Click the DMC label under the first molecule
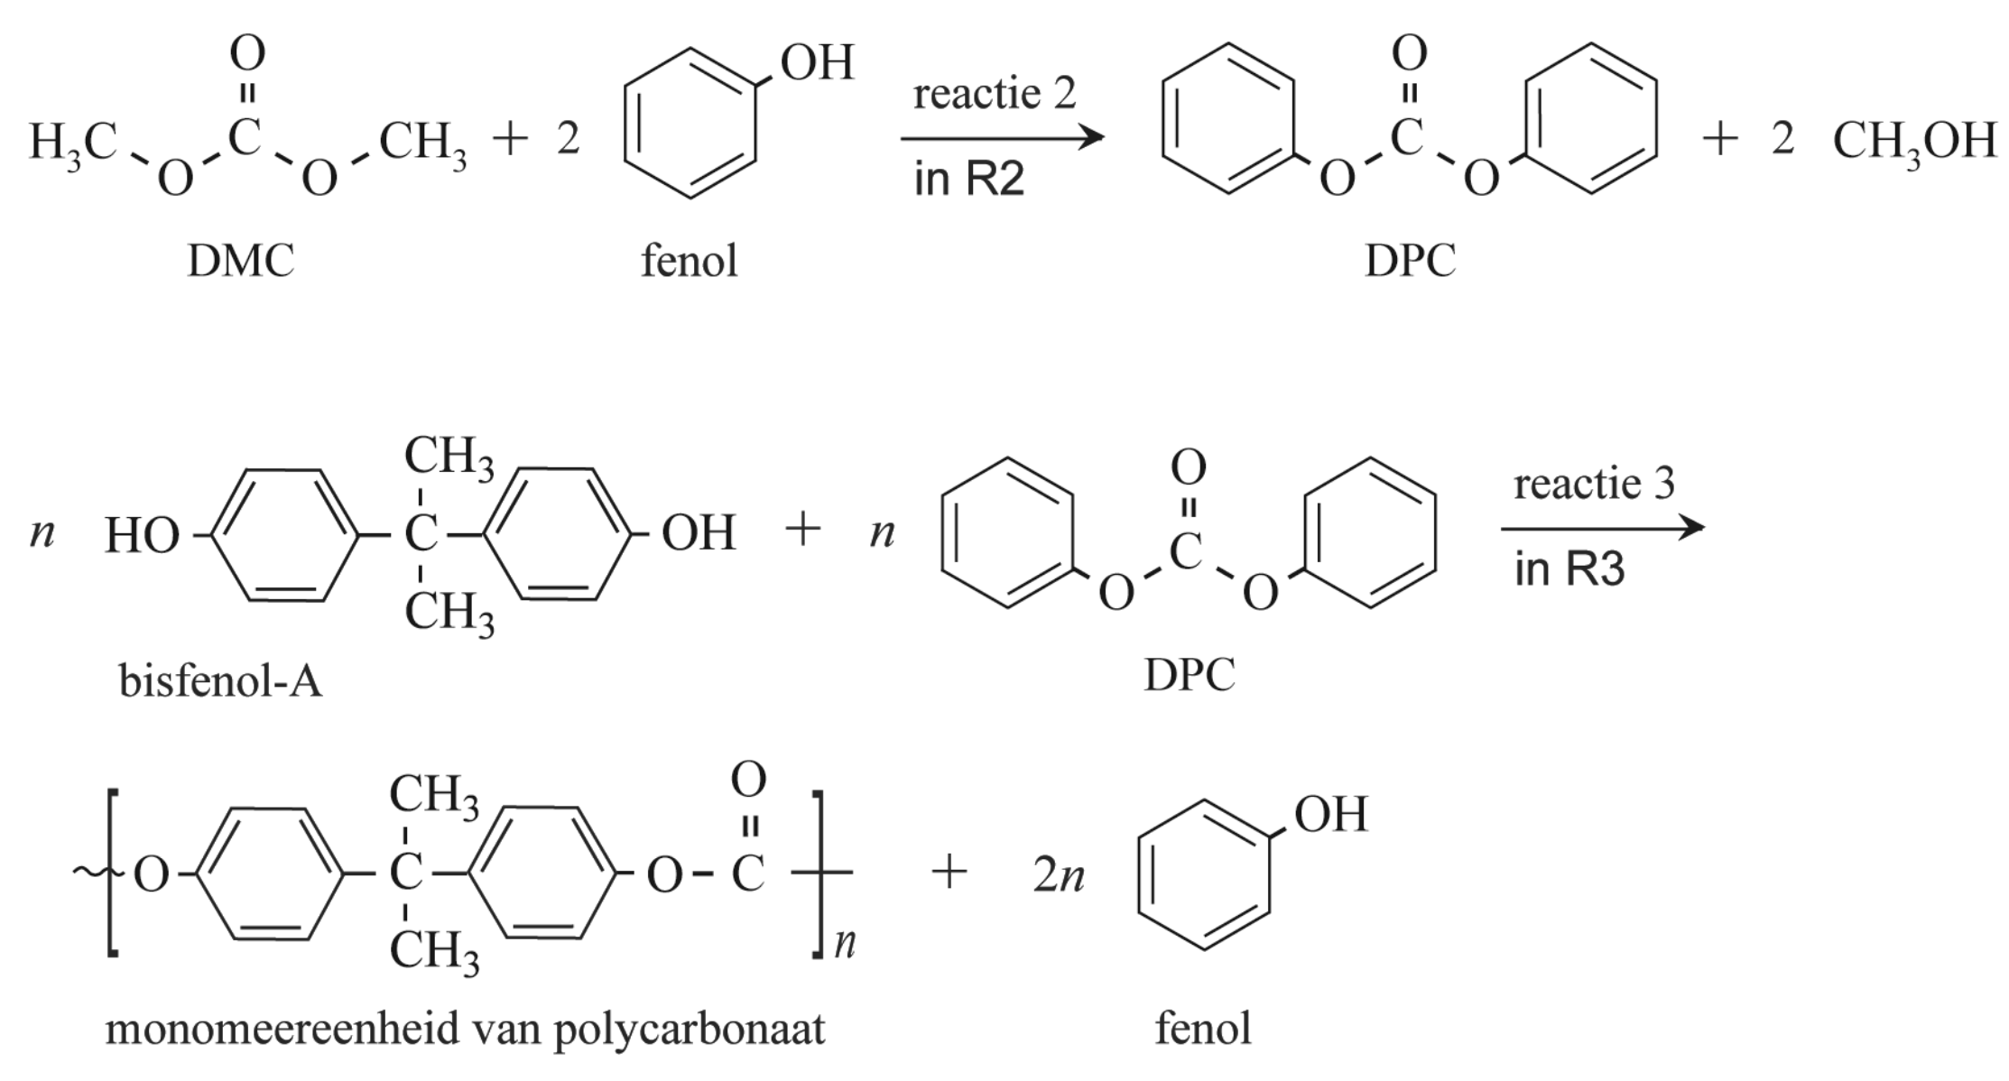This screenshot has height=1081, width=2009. point(240,262)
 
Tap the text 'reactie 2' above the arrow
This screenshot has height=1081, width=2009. point(995,94)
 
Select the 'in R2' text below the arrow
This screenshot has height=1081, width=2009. point(968,179)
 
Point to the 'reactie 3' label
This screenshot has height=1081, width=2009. point(1594,484)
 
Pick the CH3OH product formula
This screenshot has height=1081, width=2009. point(1914,142)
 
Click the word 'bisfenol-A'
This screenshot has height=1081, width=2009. point(220,680)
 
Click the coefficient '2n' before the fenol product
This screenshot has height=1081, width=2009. point(1058,875)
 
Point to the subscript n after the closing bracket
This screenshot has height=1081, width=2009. point(845,944)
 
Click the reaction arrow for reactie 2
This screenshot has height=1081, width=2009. point(1002,138)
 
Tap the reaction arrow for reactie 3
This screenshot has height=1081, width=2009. point(1602,528)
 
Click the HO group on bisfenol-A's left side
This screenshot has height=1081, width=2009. point(142,535)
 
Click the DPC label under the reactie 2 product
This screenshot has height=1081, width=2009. point(1410,262)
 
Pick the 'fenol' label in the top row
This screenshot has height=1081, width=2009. point(689,262)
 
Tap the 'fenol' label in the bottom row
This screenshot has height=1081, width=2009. point(1203,1029)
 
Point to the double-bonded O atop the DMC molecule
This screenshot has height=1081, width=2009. point(247,53)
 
